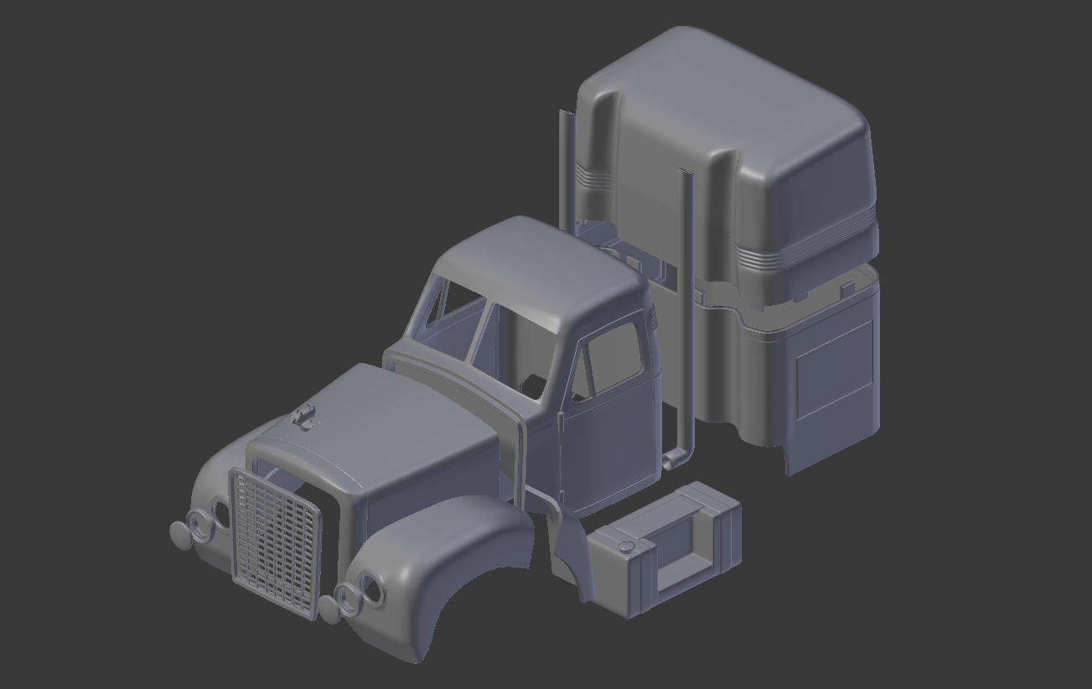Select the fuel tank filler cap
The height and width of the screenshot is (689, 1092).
pos(625,547)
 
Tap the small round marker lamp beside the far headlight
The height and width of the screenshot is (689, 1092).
pos(180,534)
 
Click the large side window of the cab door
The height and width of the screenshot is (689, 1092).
pos(617,356)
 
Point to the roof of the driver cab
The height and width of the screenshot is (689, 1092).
pos(536,268)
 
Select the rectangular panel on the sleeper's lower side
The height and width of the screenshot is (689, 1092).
pos(833,369)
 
